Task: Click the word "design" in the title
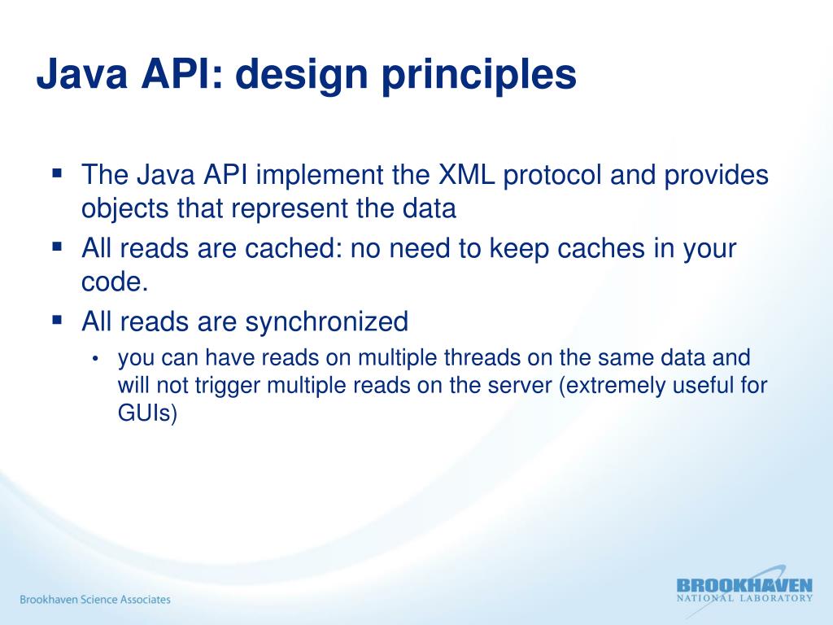coord(295,76)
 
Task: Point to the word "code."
coord(116,282)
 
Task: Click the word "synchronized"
coord(327,322)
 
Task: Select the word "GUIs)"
coord(147,413)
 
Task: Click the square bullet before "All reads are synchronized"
coord(57,320)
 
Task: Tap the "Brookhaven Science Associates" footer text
coord(95,600)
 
